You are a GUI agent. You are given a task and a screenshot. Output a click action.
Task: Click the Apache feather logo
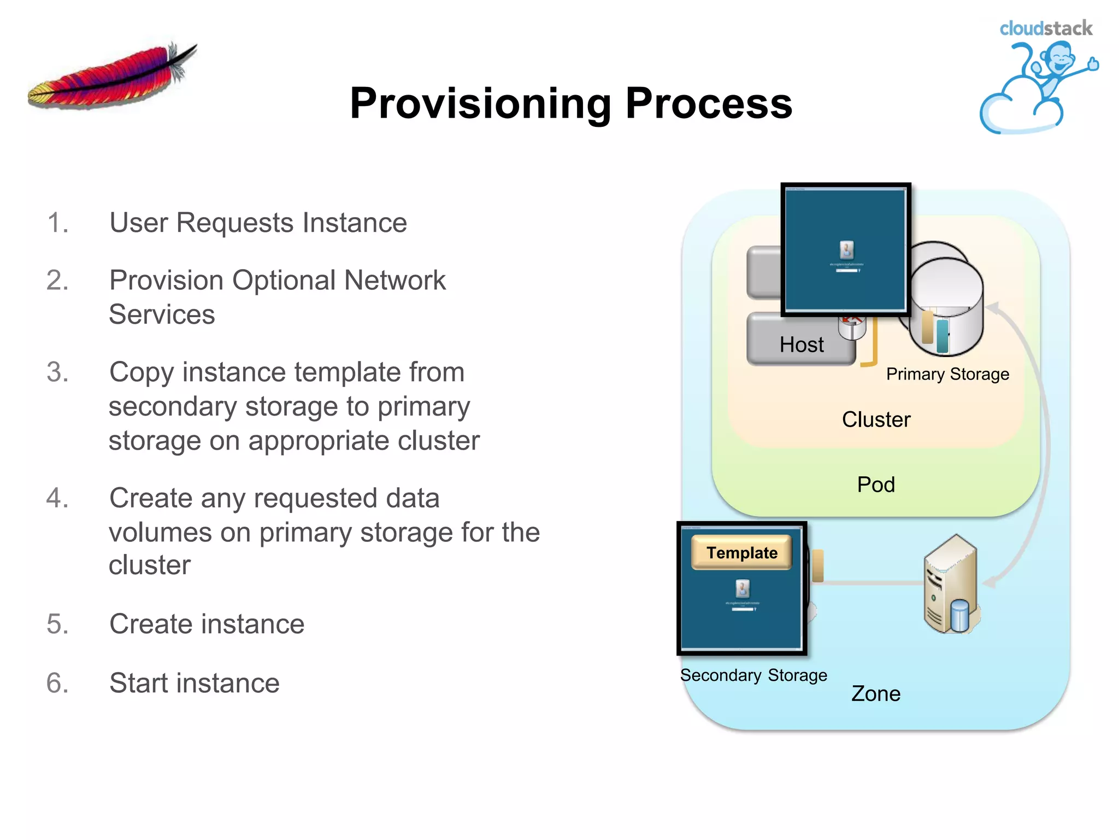[x=112, y=77]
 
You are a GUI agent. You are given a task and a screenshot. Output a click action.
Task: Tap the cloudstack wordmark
[x=1045, y=28]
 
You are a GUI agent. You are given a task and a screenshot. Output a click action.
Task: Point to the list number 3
[x=57, y=372]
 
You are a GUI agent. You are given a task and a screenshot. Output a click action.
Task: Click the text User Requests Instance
[x=258, y=223]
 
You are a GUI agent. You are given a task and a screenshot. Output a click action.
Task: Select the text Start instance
[x=194, y=683]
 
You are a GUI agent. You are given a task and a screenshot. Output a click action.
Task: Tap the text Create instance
[x=207, y=624]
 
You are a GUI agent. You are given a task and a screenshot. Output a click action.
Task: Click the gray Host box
[x=800, y=343]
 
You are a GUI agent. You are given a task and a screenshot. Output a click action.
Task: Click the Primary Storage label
[x=947, y=374]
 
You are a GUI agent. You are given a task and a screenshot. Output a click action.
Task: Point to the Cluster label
[x=876, y=419]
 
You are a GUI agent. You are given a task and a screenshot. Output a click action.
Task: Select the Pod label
[x=876, y=485]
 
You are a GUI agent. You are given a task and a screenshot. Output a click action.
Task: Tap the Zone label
[x=876, y=693]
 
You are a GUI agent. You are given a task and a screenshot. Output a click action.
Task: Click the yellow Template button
[x=741, y=552]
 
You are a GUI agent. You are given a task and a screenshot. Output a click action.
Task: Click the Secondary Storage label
[x=753, y=675]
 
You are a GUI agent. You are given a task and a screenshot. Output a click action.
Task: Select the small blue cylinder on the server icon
[x=959, y=616]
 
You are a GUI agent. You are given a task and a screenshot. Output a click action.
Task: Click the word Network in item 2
[x=394, y=281]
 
